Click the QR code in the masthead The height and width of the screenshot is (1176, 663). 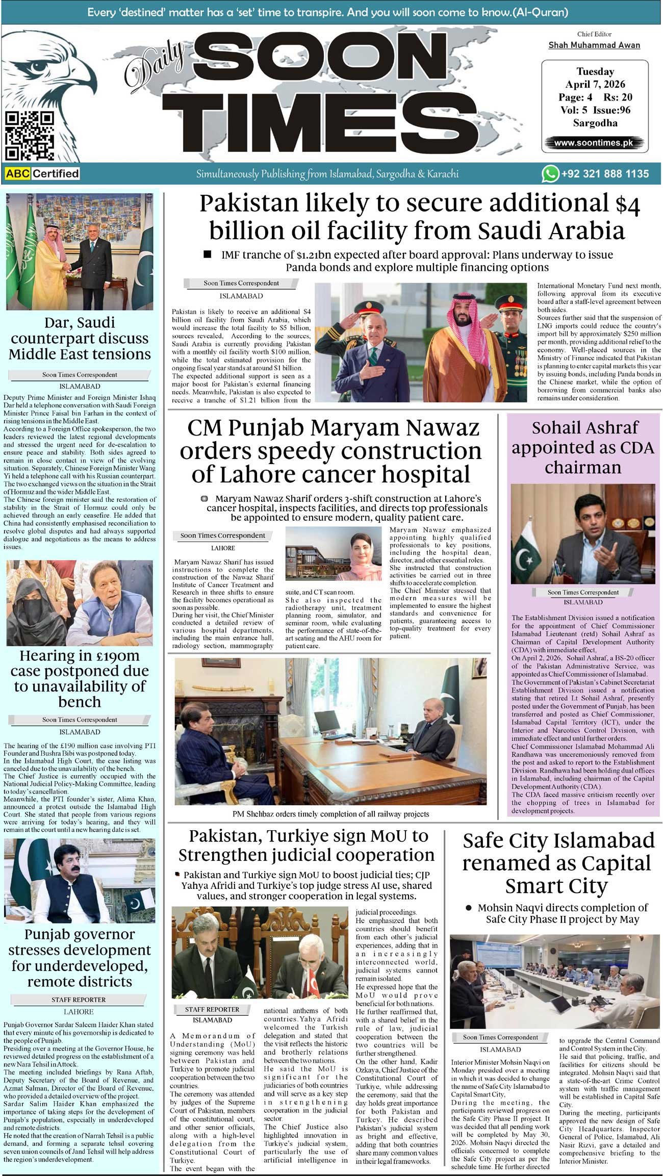pyautogui.click(x=29, y=136)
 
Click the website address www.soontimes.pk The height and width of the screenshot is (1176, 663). pyautogui.click(x=594, y=143)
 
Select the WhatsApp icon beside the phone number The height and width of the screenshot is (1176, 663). pyautogui.click(x=550, y=174)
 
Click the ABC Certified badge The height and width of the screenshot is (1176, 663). pyautogui.click(x=42, y=174)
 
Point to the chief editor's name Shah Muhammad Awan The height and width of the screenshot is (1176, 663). pyautogui.click(x=594, y=45)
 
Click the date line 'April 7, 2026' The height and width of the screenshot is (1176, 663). pyautogui.click(x=595, y=84)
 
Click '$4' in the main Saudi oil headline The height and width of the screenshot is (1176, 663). pyautogui.click(x=627, y=204)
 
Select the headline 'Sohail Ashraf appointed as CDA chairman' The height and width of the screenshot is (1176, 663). pyautogui.click(x=582, y=447)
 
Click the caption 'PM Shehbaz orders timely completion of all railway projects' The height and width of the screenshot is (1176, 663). pyautogui.click(x=330, y=814)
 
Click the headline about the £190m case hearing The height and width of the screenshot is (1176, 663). pyautogui.click(x=80, y=678)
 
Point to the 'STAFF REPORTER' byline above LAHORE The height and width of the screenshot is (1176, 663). pyautogui.click(x=79, y=1000)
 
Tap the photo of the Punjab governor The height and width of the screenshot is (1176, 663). pyautogui.click(x=79, y=880)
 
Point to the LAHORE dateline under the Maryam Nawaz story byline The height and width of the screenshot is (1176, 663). pyautogui.click(x=223, y=548)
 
